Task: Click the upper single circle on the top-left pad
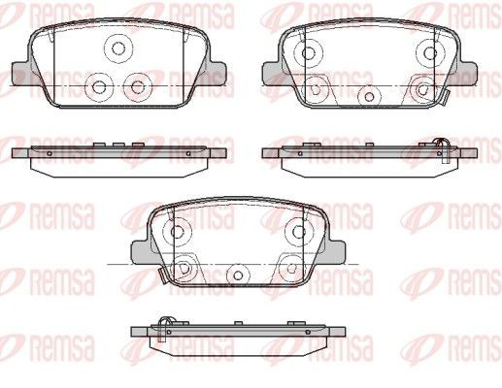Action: click(x=118, y=48)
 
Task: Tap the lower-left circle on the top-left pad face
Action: click(x=99, y=86)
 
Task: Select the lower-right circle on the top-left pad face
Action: click(x=138, y=86)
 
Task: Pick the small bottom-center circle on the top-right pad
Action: click(x=369, y=96)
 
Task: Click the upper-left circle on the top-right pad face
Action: click(x=309, y=53)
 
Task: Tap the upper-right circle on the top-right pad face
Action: click(x=430, y=53)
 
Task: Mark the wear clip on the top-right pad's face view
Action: click(x=444, y=97)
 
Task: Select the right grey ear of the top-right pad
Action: click(x=467, y=73)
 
